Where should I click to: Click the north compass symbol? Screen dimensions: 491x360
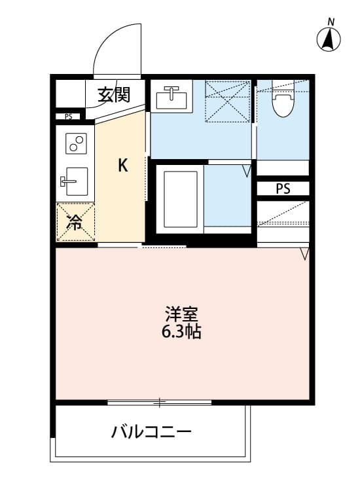pyautogui.click(x=329, y=41)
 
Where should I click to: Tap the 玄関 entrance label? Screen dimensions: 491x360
pyautogui.click(x=114, y=96)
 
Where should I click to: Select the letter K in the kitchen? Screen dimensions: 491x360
pyautogui.click(x=122, y=166)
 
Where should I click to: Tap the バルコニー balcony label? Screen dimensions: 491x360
pyautogui.click(x=151, y=432)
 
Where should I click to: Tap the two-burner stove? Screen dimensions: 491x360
pyautogui.click(x=76, y=143)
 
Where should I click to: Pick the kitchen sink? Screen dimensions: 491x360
pyautogui.click(x=75, y=179)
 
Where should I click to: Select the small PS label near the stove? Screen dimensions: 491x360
pyautogui.click(x=68, y=117)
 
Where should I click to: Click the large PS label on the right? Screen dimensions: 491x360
pyautogui.click(x=283, y=189)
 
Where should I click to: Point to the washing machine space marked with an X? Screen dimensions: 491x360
pyautogui.click(x=228, y=101)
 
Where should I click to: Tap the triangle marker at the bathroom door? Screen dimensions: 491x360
pyautogui.click(x=246, y=172)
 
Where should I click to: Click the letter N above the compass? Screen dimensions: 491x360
pyautogui.click(x=331, y=22)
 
